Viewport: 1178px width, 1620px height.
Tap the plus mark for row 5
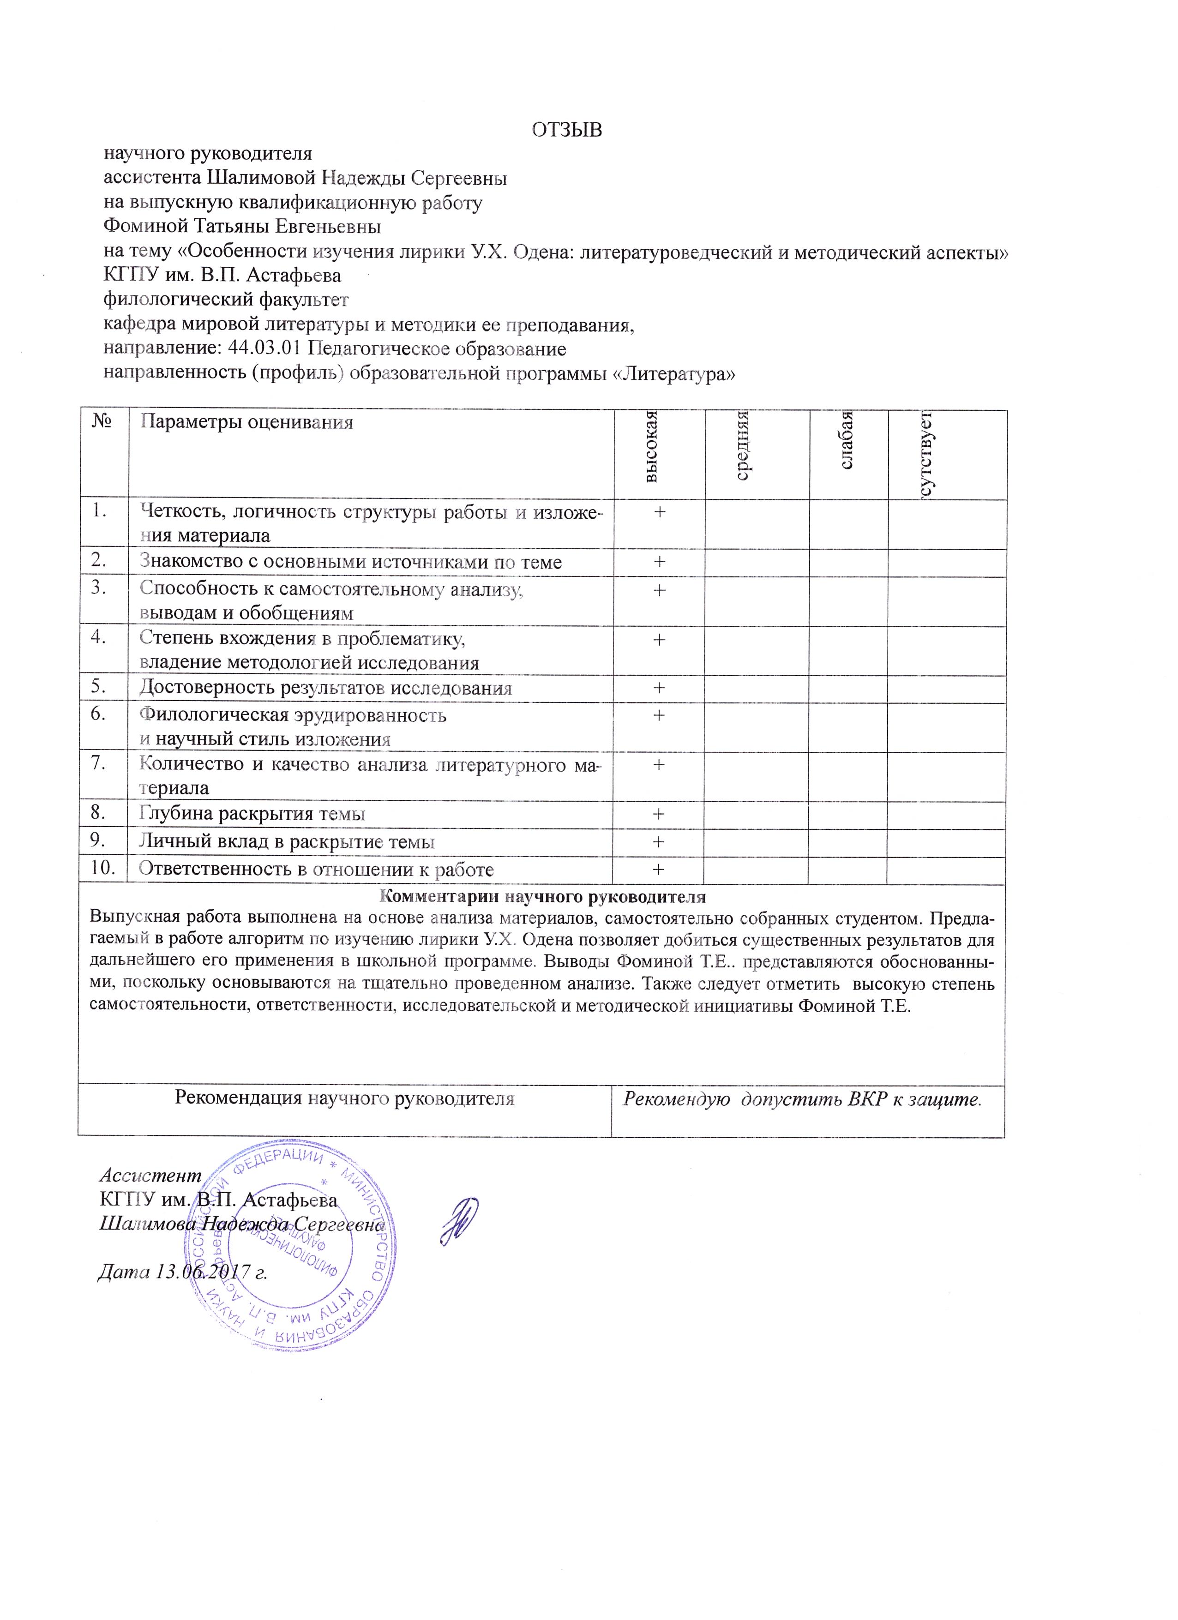[659, 688]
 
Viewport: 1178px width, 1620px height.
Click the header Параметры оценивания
[246, 422]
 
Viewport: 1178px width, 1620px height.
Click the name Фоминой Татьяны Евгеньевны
[242, 227]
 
